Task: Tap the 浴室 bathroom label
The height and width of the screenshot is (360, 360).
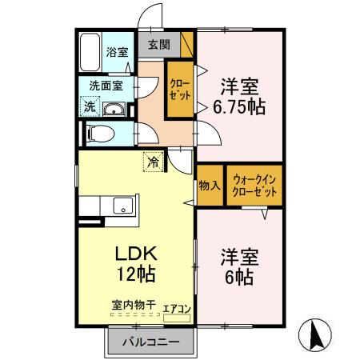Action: tap(117, 53)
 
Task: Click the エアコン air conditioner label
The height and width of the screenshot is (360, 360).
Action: tap(176, 309)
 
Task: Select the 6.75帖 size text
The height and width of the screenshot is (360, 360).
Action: tap(238, 105)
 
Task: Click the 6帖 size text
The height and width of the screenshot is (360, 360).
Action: tap(238, 278)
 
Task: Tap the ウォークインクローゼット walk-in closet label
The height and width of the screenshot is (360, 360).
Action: tap(255, 186)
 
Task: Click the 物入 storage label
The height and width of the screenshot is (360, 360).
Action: tap(210, 186)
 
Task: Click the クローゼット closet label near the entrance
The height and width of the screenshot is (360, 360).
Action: tap(178, 90)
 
